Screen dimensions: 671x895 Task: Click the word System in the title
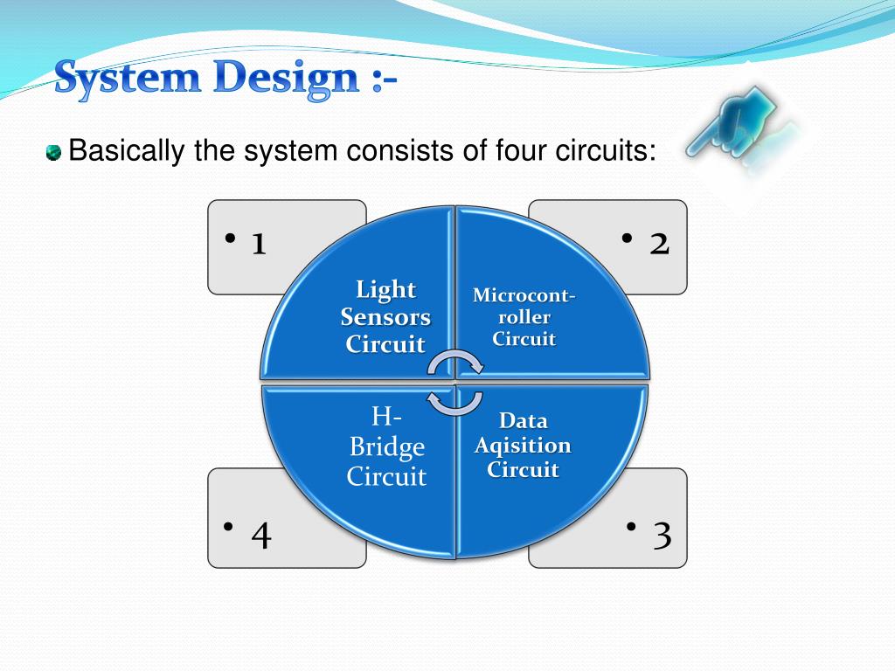[x=125, y=80]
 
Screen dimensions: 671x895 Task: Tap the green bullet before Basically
[x=54, y=154]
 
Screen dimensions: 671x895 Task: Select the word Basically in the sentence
[x=127, y=151]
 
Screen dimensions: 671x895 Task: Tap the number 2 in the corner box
[x=659, y=244]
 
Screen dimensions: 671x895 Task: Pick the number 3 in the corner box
[x=663, y=536]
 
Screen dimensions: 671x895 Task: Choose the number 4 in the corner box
[x=260, y=536]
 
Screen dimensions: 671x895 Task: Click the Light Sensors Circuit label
[x=385, y=316]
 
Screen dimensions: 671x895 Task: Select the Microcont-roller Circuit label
[x=524, y=317]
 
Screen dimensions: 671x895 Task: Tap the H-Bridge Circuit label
[x=386, y=446]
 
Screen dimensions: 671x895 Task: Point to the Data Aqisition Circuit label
[x=523, y=446]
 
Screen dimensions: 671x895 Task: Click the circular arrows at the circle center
[x=454, y=382]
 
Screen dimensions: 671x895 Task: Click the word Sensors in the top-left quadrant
[x=385, y=316]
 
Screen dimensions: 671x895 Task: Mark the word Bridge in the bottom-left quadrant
[x=386, y=447]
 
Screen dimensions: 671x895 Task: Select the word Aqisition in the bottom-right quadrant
[x=523, y=446]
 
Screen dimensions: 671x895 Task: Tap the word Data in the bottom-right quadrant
[x=523, y=421]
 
